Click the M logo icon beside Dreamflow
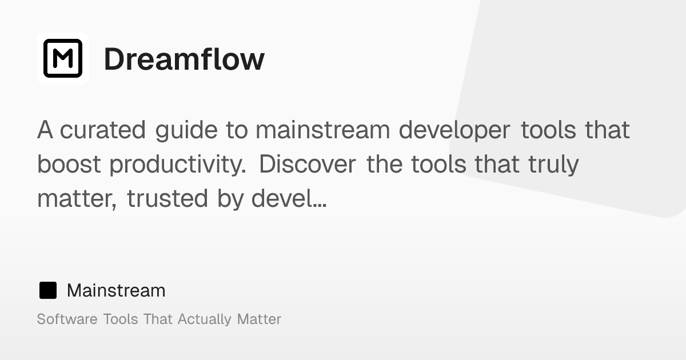point(63,58)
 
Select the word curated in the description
point(103,130)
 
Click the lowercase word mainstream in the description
point(322,130)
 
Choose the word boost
point(69,165)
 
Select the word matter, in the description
point(77,199)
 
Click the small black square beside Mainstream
point(48,290)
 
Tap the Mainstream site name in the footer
point(116,290)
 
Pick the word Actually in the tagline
point(205,319)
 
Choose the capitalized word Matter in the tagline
point(259,319)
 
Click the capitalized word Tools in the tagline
point(121,319)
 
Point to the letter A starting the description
point(45,130)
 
